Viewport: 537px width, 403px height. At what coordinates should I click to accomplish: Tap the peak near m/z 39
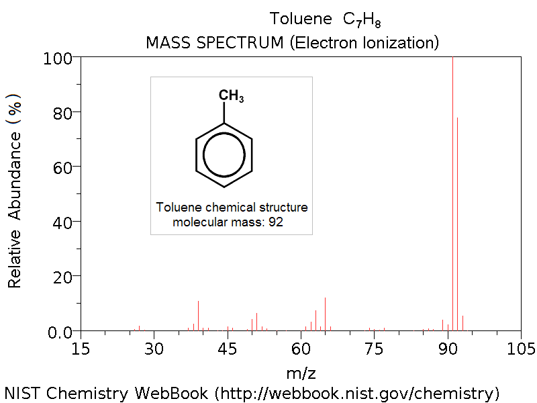coord(198,316)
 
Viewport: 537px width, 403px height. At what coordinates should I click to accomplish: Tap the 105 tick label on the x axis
coord(521,349)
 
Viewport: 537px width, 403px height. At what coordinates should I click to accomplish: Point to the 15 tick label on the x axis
coord(81,349)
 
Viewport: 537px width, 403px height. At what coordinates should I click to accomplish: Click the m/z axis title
coord(301,371)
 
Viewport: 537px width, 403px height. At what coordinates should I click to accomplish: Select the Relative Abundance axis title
coord(15,191)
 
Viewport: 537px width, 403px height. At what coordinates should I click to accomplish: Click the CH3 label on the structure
coord(231,96)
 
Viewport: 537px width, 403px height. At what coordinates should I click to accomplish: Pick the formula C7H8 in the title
coord(362,19)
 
